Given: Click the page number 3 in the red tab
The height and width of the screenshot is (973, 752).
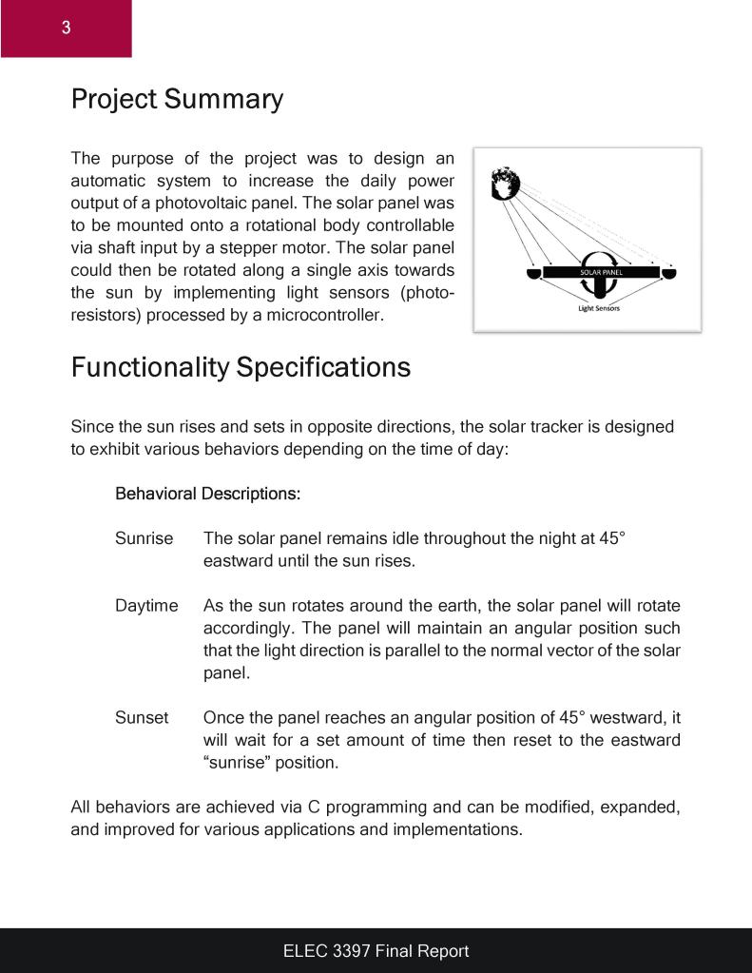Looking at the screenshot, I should [66, 28].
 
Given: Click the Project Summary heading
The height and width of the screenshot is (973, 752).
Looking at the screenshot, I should [177, 99].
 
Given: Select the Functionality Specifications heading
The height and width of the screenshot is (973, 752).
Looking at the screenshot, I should [241, 366].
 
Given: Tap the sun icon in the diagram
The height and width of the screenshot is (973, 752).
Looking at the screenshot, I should [504, 184].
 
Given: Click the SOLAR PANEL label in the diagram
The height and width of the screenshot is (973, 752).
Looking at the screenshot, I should [601, 272].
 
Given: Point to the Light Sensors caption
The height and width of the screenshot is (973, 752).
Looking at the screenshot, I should [599, 308].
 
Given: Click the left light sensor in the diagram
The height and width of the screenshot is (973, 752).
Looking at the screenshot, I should [534, 274].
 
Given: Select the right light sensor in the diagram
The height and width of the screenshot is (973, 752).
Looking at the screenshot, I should [669, 274].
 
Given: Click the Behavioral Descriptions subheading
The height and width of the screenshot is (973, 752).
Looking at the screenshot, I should [207, 494].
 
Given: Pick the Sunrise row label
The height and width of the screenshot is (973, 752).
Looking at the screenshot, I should [144, 538].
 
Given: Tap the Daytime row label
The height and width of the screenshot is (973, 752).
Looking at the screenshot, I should [146, 606].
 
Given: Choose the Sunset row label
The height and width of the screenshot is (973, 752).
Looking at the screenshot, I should [142, 718].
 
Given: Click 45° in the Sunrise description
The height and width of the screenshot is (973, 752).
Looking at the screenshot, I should [612, 538].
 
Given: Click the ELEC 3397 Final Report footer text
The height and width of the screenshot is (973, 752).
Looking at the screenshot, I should [376, 950].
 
